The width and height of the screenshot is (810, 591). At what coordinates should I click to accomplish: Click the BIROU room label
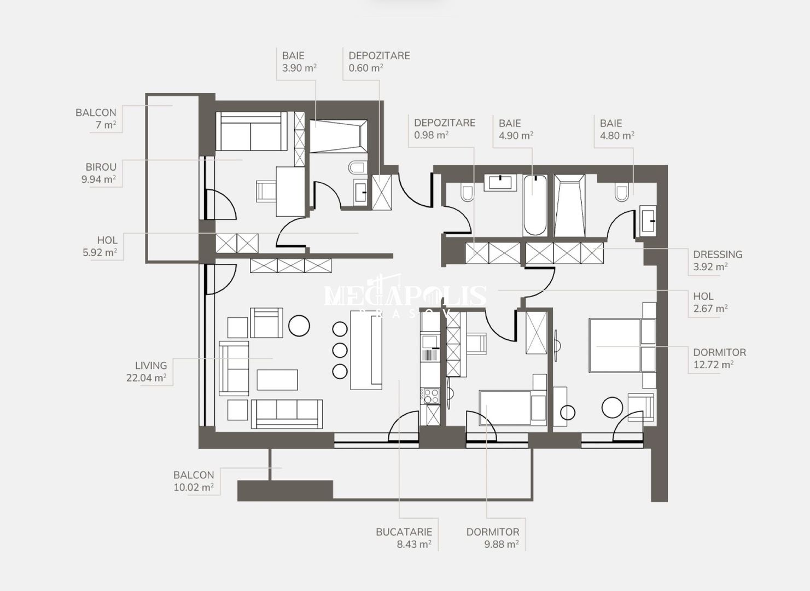pos(101,167)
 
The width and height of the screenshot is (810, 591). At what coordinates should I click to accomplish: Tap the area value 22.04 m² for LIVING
pos(146,378)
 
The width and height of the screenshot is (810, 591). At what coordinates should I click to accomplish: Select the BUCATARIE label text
pos(404,532)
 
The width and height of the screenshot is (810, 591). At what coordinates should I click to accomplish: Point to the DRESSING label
pos(717,254)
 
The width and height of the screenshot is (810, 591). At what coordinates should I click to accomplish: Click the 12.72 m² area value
pos(713,364)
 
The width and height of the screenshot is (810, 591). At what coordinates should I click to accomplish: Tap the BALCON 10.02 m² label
pos(194,481)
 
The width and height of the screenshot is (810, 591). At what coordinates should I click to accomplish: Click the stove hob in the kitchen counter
pos(430,396)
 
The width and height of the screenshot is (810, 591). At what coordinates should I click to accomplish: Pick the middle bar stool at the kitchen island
pos(340,350)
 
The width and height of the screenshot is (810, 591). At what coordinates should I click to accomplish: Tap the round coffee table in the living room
pos(299,326)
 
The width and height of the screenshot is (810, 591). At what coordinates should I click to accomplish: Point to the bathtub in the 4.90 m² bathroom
pos(535,205)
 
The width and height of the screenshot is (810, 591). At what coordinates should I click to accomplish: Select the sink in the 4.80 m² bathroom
pos(649,221)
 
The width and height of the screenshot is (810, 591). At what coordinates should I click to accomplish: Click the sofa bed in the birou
pos(251,131)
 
